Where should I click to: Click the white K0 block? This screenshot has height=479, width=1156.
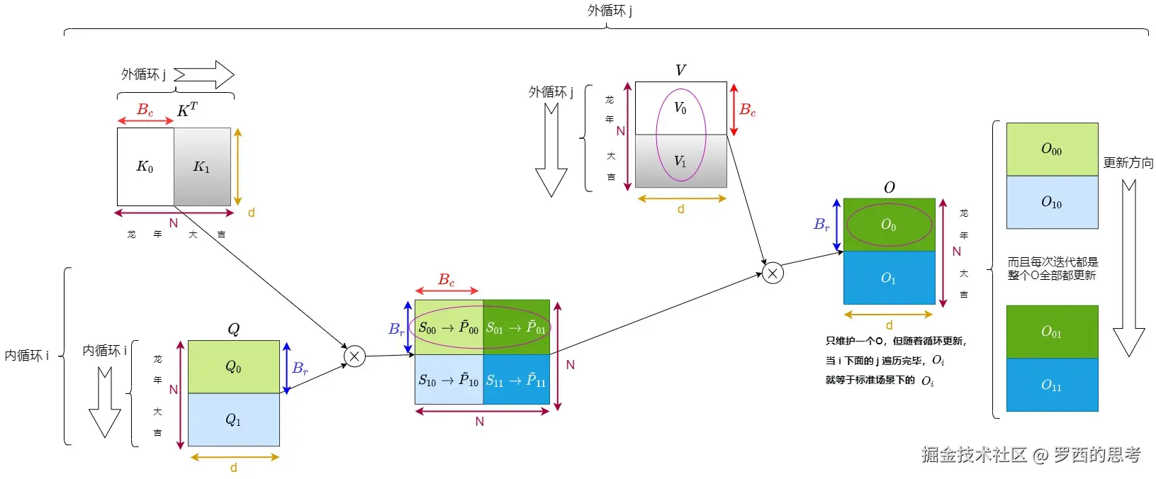(145, 167)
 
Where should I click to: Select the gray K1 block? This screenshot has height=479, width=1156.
(202, 167)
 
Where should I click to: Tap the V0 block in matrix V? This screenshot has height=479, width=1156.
(680, 108)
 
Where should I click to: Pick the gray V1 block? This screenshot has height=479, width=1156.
(680, 161)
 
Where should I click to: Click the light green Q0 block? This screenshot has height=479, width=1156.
(233, 366)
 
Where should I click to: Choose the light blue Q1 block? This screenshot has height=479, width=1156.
(233, 419)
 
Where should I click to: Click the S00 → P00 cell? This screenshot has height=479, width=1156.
(449, 327)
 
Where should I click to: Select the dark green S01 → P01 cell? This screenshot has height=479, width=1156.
(516, 327)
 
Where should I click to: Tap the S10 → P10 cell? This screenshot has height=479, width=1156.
(449, 380)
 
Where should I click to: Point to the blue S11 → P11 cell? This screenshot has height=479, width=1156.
(516, 380)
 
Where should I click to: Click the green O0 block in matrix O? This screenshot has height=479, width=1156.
(889, 225)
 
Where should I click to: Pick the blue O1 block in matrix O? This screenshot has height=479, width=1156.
(889, 278)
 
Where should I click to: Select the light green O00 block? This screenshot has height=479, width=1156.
(1052, 149)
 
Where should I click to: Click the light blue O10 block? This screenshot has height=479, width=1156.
(1052, 202)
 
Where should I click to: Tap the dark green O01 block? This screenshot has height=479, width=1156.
(1052, 332)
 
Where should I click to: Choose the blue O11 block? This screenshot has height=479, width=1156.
(1052, 385)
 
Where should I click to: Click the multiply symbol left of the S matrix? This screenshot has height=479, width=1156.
(354, 356)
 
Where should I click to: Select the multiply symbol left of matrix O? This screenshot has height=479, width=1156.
(773, 273)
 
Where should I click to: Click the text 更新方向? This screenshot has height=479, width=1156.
(1128, 163)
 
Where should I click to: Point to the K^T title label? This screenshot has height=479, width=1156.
(187, 110)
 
